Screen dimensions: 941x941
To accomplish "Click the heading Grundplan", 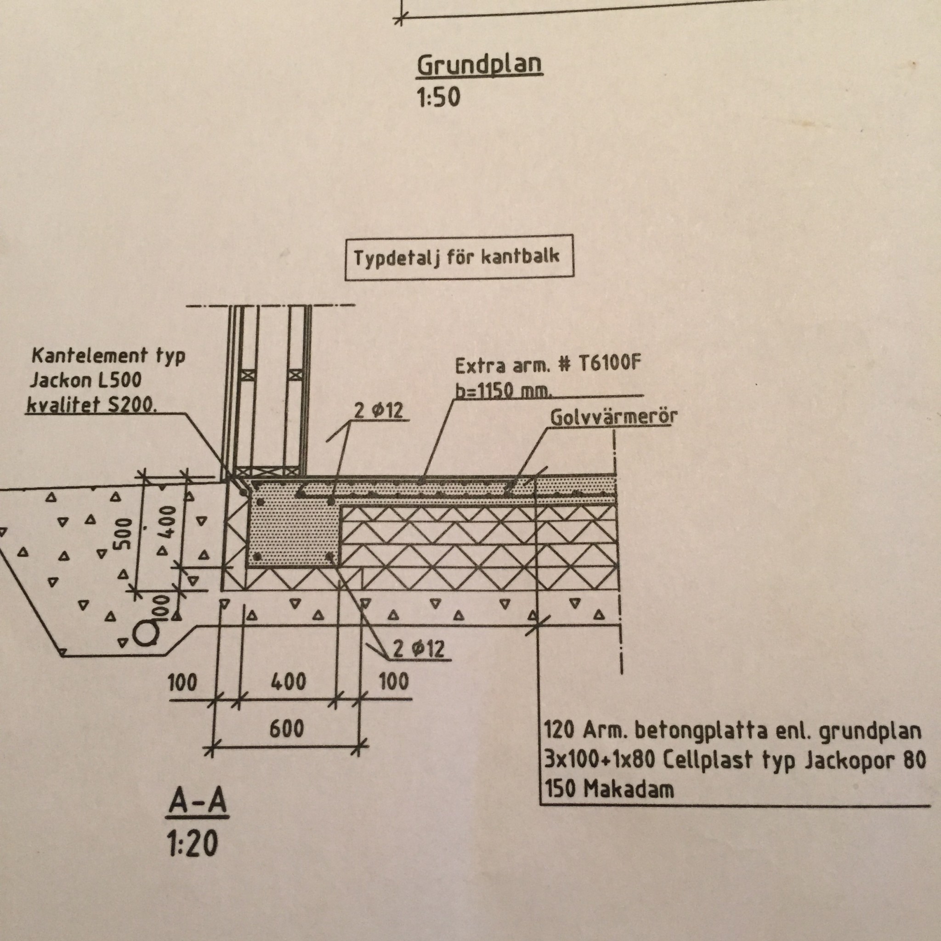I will click(479, 65).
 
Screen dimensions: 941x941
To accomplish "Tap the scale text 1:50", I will click(438, 97).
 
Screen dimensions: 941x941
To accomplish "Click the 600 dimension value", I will click(286, 729).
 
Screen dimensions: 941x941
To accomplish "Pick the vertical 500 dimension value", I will click(122, 533).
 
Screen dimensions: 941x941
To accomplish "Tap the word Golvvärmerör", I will click(613, 417).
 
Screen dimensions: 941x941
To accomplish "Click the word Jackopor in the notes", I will click(849, 760).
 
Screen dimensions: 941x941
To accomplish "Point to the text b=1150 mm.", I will click(504, 391).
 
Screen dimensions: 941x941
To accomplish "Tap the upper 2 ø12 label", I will click(379, 410).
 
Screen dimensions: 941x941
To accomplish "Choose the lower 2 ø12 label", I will click(419, 649).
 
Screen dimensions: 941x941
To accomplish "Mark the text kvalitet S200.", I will click(91, 405).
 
